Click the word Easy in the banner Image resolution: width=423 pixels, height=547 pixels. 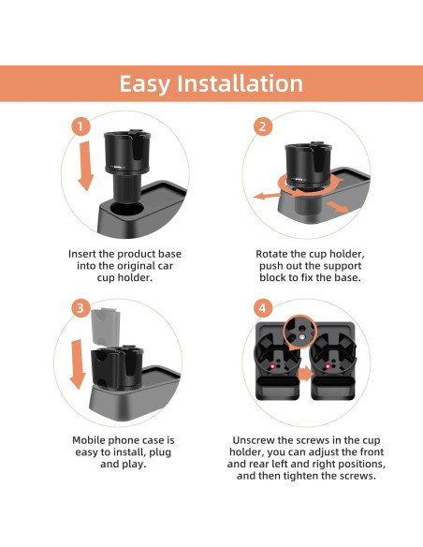(x=145, y=84)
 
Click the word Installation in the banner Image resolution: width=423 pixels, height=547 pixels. (x=241, y=83)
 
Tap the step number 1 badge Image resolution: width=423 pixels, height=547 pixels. (x=80, y=126)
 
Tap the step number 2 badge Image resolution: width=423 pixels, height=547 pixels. (x=262, y=126)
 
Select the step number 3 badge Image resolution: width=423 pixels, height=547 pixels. (x=80, y=308)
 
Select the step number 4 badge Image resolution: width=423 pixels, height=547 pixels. (x=262, y=308)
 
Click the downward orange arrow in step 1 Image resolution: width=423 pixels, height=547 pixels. (x=86, y=166)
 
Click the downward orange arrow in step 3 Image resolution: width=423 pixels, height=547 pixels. (x=78, y=364)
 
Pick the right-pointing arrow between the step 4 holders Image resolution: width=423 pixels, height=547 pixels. (x=306, y=374)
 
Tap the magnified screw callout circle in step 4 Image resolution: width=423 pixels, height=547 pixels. (x=300, y=331)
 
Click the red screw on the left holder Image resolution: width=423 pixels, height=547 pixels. (x=273, y=365)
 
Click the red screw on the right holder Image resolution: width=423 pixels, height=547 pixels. (x=328, y=366)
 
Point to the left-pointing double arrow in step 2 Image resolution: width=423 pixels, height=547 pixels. (x=267, y=196)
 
